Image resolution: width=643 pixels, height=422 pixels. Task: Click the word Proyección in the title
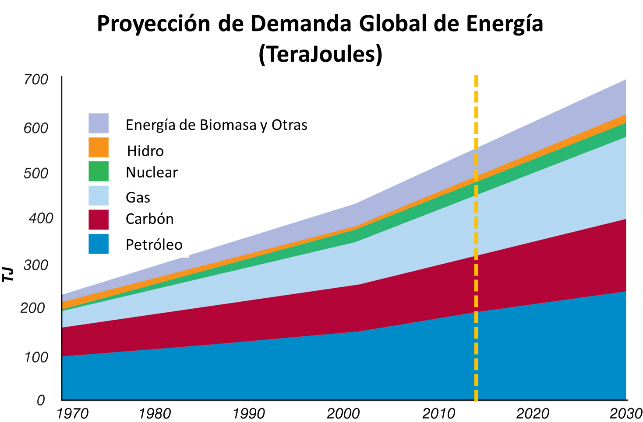154,24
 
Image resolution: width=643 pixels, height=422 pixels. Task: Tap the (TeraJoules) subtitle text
320,55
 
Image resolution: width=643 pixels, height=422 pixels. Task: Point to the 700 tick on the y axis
35,80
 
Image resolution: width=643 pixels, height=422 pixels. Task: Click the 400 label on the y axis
41,218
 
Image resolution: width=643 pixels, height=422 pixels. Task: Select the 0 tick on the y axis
41,400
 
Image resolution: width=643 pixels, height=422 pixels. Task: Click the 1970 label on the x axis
72,414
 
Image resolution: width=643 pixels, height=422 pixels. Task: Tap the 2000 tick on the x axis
343,414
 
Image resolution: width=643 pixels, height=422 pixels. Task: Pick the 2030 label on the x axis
626,414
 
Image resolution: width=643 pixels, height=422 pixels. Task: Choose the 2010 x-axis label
438,414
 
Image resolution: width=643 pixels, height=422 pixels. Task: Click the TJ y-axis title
8,275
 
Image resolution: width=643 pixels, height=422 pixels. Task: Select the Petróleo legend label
154,244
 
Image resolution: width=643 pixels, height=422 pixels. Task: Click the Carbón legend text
149,219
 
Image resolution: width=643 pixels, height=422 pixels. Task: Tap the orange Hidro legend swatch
99,147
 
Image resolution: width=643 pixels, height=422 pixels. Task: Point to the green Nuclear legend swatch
99,171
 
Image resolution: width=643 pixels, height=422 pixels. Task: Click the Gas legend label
138,198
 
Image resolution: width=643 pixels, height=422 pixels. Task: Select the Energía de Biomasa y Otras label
216,125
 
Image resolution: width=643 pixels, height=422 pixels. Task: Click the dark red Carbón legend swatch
99,220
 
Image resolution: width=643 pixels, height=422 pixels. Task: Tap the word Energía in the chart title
504,24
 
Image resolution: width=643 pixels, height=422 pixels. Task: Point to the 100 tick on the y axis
35,357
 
